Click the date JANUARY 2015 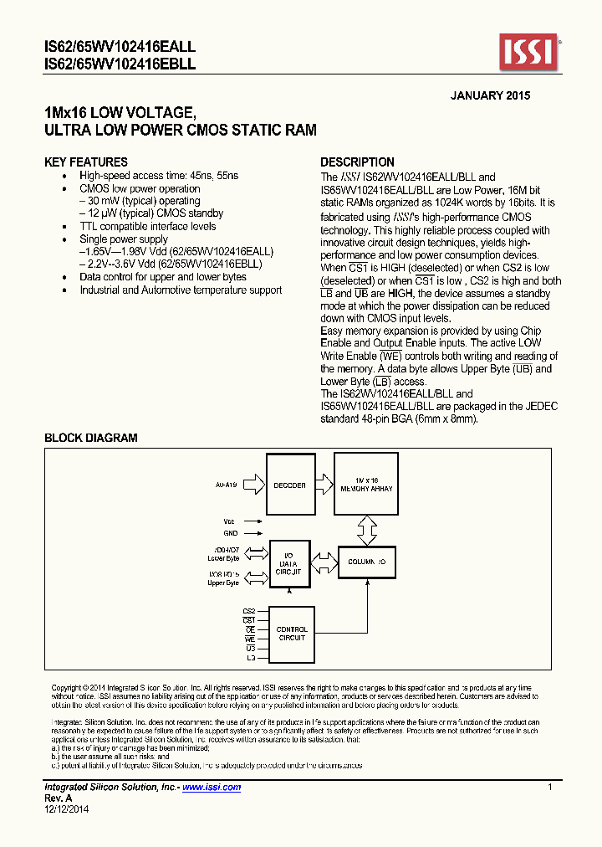click(490, 95)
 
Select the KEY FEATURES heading click(86, 162)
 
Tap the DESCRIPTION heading click(358, 162)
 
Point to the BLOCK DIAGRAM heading click(90, 438)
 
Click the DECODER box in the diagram click(290, 485)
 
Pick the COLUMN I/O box click(367, 562)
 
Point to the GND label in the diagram click(230, 533)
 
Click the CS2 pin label click(248, 611)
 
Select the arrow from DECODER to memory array click(324, 485)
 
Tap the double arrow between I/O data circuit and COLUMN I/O click(325, 562)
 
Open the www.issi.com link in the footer click(212, 788)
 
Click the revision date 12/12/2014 click(66, 808)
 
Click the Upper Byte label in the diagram click(223, 583)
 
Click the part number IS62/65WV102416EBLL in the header click(119, 64)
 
